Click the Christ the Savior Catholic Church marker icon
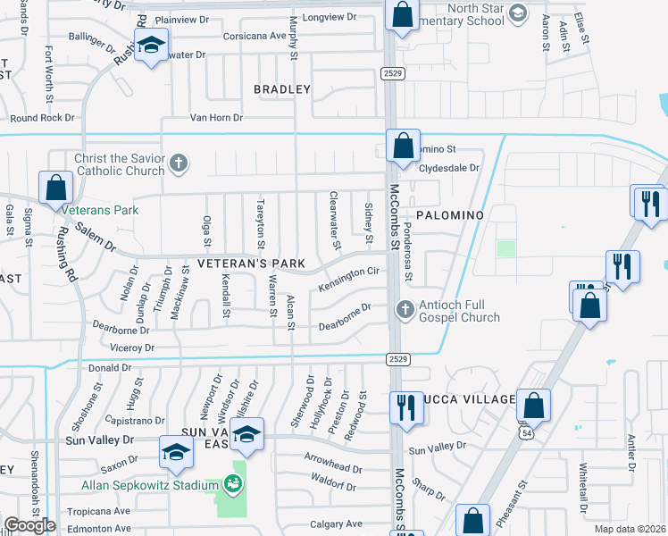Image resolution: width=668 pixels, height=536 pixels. (179, 163)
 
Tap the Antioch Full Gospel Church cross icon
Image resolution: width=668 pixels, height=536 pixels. (405, 310)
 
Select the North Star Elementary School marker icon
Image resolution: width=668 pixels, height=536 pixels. (518, 14)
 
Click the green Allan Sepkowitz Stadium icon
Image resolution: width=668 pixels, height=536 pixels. (234, 484)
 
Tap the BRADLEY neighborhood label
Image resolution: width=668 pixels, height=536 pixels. (282, 89)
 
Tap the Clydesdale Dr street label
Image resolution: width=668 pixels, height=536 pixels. (449, 167)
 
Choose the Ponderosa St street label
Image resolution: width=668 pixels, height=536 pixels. (407, 252)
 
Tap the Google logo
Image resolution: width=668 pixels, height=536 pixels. (29, 525)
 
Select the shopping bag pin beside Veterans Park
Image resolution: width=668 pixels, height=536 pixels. (55, 188)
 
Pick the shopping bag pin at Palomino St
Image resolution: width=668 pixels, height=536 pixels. (403, 144)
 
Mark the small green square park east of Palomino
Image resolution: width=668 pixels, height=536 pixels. (506, 248)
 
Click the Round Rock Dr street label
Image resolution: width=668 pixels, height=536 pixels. (42, 117)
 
